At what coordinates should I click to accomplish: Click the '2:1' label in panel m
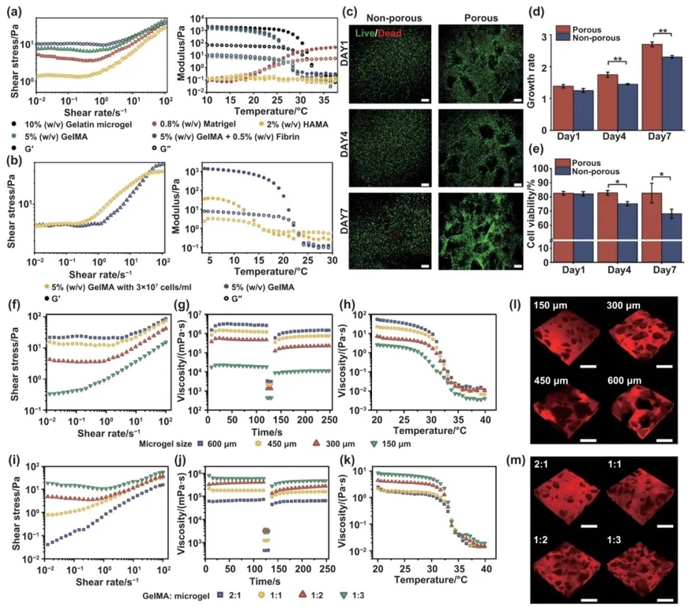pyautogui.click(x=545, y=468)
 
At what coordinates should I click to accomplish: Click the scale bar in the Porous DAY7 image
pyautogui.click(x=518, y=266)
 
